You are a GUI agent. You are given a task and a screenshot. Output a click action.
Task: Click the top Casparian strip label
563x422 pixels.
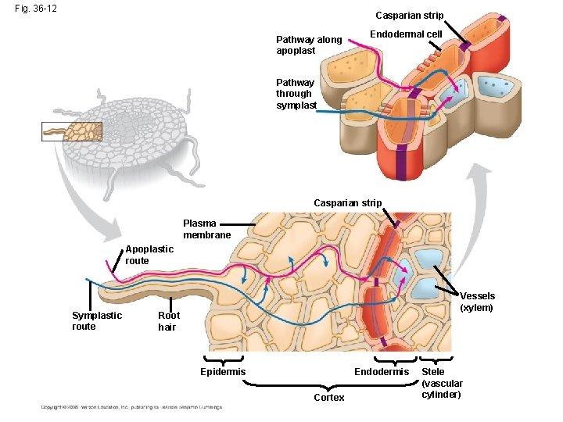(x=409, y=16)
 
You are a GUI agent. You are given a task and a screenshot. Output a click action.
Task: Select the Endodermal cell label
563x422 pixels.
(x=406, y=34)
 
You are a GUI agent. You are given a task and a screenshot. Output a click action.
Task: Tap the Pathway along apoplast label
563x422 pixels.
(x=309, y=45)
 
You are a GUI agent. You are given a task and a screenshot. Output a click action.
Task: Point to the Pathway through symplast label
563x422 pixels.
(x=296, y=94)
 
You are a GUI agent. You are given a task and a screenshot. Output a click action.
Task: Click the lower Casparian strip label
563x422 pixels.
(x=347, y=203)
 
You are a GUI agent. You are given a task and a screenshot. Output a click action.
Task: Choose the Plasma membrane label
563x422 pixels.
(x=206, y=230)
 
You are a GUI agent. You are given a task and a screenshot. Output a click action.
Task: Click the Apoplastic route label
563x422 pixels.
(x=149, y=255)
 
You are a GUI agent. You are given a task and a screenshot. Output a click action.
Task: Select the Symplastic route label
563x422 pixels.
(x=96, y=320)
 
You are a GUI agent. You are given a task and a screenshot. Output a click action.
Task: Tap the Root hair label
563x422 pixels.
(x=169, y=321)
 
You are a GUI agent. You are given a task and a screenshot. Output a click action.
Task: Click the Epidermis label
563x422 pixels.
(x=223, y=372)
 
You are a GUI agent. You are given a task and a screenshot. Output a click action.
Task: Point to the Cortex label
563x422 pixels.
(x=328, y=398)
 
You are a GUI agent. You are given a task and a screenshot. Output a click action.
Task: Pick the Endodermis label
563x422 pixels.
(x=382, y=372)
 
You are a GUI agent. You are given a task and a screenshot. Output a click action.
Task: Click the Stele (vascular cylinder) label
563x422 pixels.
(x=443, y=383)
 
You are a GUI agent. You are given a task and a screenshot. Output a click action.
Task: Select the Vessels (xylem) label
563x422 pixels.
(x=477, y=302)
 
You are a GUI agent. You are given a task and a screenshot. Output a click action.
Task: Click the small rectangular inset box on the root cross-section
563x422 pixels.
(x=72, y=131)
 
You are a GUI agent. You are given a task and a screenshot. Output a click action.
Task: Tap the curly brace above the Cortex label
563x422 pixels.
(x=328, y=384)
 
